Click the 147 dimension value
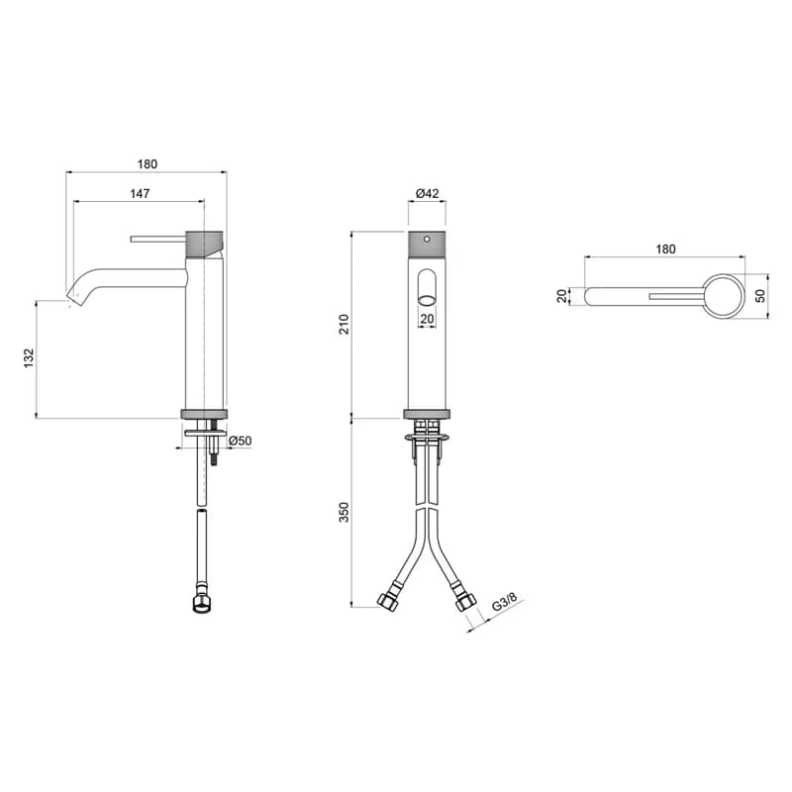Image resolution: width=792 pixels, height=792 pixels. click(x=140, y=193)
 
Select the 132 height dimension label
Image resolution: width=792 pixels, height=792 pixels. click(x=29, y=357)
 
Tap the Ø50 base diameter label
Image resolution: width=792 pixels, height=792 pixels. click(x=240, y=441)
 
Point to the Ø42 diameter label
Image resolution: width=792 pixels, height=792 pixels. click(x=428, y=193)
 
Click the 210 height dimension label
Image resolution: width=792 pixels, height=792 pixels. click(x=344, y=324)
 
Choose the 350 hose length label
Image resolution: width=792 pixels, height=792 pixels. click(x=344, y=512)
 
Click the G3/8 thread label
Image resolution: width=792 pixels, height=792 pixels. click(x=505, y=602)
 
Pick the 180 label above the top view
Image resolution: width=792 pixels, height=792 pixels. click(x=665, y=249)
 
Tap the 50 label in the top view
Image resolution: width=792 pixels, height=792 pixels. click(x=760, y=296)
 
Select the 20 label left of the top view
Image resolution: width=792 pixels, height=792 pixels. click(x=562, y=296)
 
